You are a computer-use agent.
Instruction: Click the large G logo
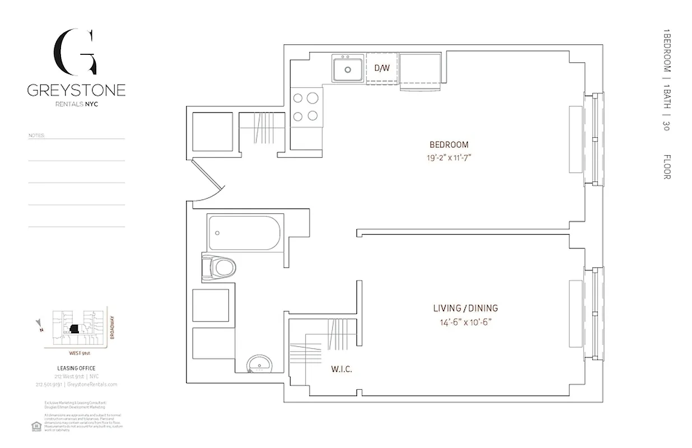pyautogui.click(x=76, y=53)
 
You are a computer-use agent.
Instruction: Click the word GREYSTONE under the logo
pyautogui.click(x=76, y=90)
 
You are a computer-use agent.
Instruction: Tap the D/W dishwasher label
pyautogui.click(x=382, y=68)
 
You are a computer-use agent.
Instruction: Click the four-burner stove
pyautogui.click(x=306, y=106)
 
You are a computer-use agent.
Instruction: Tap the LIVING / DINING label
pyautogui.click(x=465, y=308)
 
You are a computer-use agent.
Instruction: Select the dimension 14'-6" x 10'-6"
pyautogui.click(x=465, y=321)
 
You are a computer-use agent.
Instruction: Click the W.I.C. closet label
pyautogui.click(x=341, y=370)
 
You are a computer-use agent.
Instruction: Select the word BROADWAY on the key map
pyautogui.click(x=113, y=328)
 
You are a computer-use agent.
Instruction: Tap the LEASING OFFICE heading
pyautogui.click(x=76, y=368)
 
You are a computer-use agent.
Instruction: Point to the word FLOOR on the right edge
pyautogui.click(x=667, y=166)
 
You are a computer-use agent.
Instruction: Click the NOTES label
pyautogui.click(x=36, y=136)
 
